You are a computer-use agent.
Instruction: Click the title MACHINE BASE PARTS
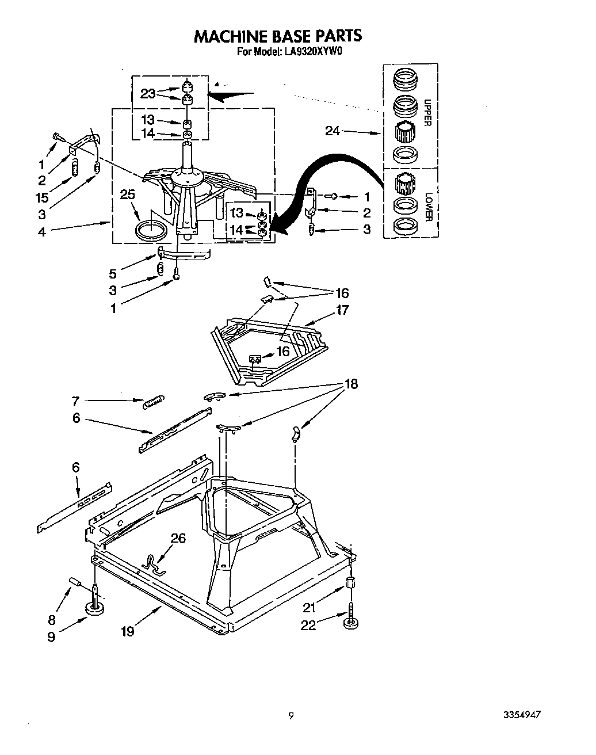click(278, 36)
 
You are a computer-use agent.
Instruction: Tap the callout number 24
click(333, 131)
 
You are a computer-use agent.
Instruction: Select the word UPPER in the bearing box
click(427, 112)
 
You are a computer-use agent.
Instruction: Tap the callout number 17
click(343, 310)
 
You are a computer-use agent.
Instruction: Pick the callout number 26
click(178, 537)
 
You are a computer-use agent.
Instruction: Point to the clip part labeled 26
click(152, 563)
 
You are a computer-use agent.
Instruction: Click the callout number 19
click(127, 631)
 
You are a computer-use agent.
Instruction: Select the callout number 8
click(51, 620)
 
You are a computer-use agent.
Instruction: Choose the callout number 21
click(310, 607)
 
